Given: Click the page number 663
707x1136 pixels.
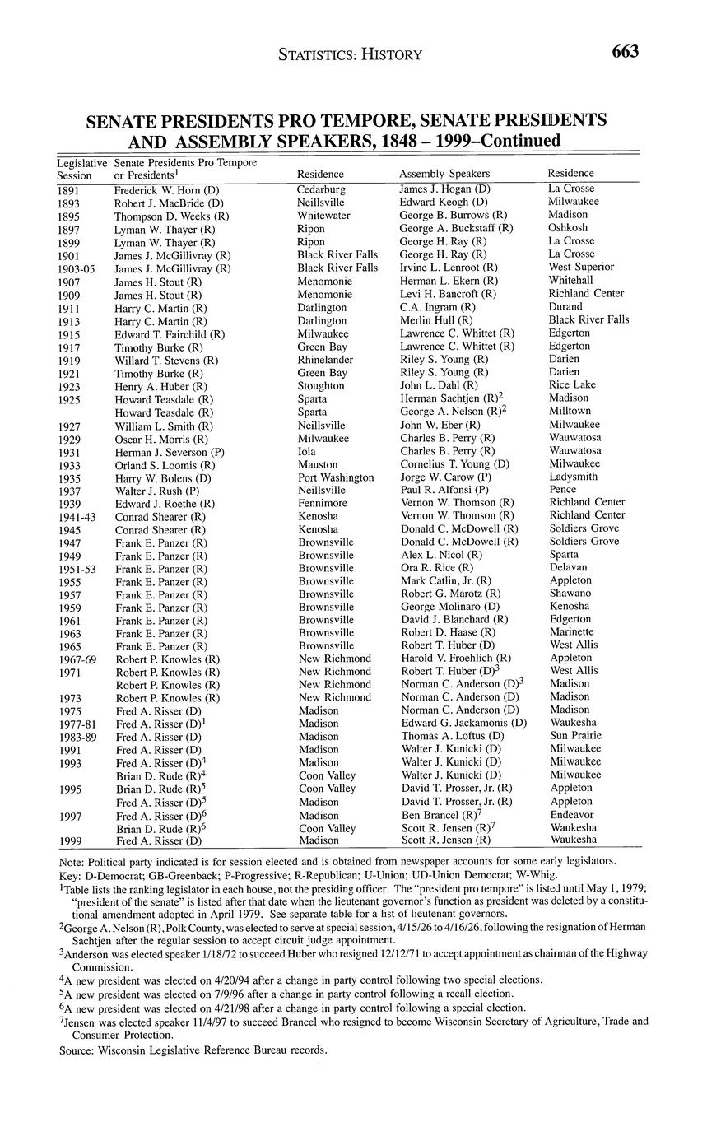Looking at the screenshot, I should pyautogui.click(x=625, y=52).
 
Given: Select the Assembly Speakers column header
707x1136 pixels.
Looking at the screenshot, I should pyautogui.click(x=444, y=174).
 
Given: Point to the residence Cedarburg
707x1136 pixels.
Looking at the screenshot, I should pyautogui.click(x=321, y=189).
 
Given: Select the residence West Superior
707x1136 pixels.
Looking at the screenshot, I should pyautogui.click(x=581, y=268).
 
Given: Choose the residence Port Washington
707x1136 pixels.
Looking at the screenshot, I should pyautogui.click(x=335, y=477).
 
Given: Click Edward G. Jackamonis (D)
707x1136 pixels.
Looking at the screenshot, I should pyautogui.click(x=463, y=723).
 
